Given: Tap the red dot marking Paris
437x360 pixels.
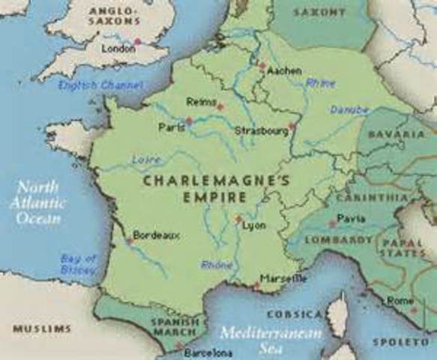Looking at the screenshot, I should (x=189, y=120).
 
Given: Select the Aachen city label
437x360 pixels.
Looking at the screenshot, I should (x=284, y=70).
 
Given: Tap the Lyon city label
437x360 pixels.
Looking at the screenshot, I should (x=255, y=224).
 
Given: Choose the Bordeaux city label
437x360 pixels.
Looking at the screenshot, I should (x=157, y=235).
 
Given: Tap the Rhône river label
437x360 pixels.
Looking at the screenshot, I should (x=217, y=265).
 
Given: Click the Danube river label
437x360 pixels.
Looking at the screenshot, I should (x=349, y=109).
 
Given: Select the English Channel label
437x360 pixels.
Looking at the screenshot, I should (x=91, y=85).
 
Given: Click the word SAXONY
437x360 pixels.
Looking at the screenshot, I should (x=320, y=12).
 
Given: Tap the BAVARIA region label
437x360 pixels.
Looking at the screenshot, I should (x=397, y=133).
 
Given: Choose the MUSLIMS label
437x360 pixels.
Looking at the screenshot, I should (x=42, y=328).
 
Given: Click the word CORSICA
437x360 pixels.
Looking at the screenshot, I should (x=295, y=314).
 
